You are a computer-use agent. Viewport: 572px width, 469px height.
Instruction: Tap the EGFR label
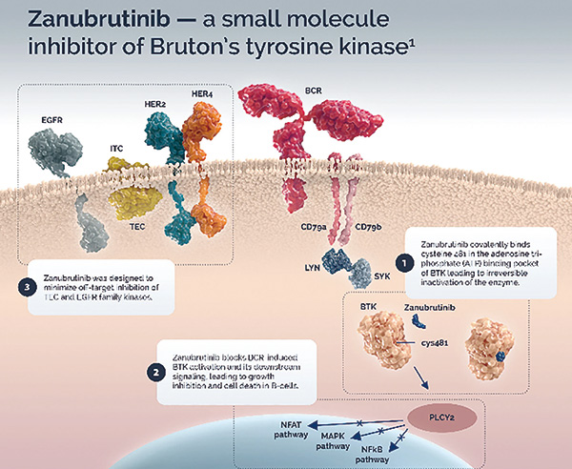(51, 122)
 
